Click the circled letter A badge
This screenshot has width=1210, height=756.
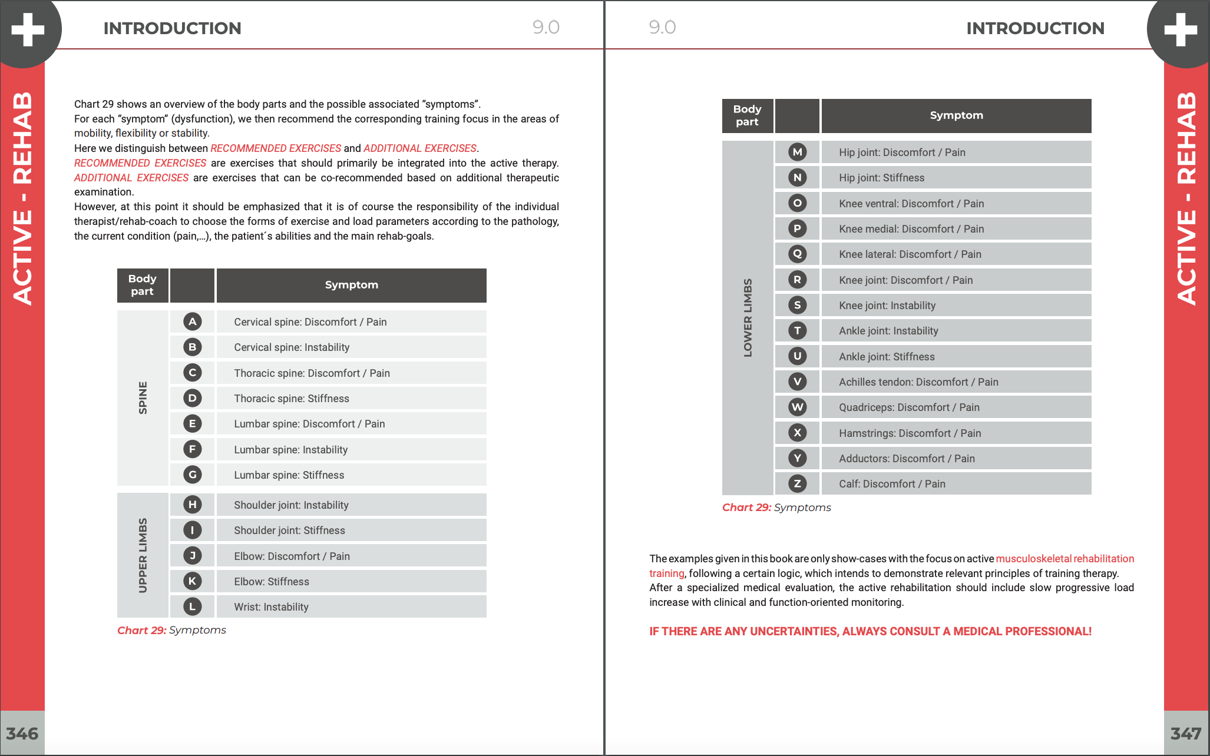(192, 321)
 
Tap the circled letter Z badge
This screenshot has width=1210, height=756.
(797, 483)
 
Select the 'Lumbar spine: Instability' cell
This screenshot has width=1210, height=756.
(291, 450)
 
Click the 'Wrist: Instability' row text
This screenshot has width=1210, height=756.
(271, 607)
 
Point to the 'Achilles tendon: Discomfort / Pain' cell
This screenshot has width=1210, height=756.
(918, 382)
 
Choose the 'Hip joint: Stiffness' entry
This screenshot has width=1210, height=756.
(881, 178)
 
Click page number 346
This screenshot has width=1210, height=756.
(22, 734)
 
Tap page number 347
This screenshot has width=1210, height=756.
(1186, 734)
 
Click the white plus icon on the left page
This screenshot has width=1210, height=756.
(28, 29)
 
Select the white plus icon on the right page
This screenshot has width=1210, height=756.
(1181, 29)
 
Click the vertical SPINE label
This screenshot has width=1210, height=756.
(143, 398)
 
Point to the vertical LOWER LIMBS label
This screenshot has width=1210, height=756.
(748, 317)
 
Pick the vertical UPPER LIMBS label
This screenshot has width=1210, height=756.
(143, 555)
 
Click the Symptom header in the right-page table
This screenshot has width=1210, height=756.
(956, 115)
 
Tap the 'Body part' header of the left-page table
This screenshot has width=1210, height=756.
(142, 285)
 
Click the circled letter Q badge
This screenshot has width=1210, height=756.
(797, 254)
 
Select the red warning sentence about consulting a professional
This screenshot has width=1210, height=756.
(870, 631)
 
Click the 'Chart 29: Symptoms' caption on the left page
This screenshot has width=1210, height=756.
(171, 630)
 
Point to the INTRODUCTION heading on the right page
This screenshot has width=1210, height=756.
(1035, 28)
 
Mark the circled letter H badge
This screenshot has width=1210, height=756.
(192, 505)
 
